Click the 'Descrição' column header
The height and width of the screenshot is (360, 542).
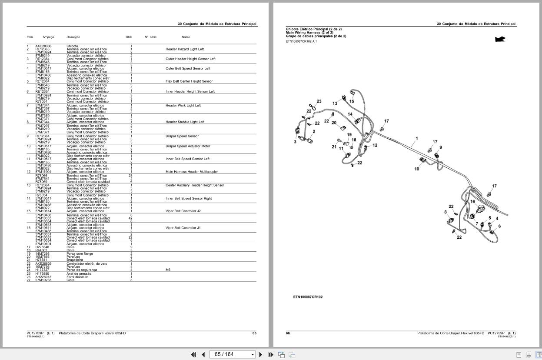[73, 37]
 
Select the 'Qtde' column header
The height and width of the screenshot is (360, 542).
[129, 37]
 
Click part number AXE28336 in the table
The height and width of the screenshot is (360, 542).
[43, 46]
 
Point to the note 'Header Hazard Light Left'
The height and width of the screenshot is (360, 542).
[184, 49]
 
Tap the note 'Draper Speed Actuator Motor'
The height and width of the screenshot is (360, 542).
[187, 146]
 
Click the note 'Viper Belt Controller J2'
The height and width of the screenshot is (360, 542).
[183, 211]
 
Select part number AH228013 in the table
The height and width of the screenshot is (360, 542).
[43, 277]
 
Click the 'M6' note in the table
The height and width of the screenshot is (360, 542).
[168, 270]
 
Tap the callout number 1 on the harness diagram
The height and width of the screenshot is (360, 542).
[416, 139]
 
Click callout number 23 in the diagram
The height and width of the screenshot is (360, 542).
[319, 101]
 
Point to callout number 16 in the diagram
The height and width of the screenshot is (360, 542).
[472, 201]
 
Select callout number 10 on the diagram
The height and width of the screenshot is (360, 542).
[416, 169]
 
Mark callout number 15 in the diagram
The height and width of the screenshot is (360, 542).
[352, 101]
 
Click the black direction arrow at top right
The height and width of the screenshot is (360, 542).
[500, 39]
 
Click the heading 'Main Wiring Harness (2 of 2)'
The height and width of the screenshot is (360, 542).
[309, 33]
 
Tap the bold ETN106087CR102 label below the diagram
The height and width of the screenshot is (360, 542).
[308, 297]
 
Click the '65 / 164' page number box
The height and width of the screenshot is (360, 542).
[232, 354]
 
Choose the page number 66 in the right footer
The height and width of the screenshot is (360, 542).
[288, 333]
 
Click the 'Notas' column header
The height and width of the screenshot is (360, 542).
[186, 37]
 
